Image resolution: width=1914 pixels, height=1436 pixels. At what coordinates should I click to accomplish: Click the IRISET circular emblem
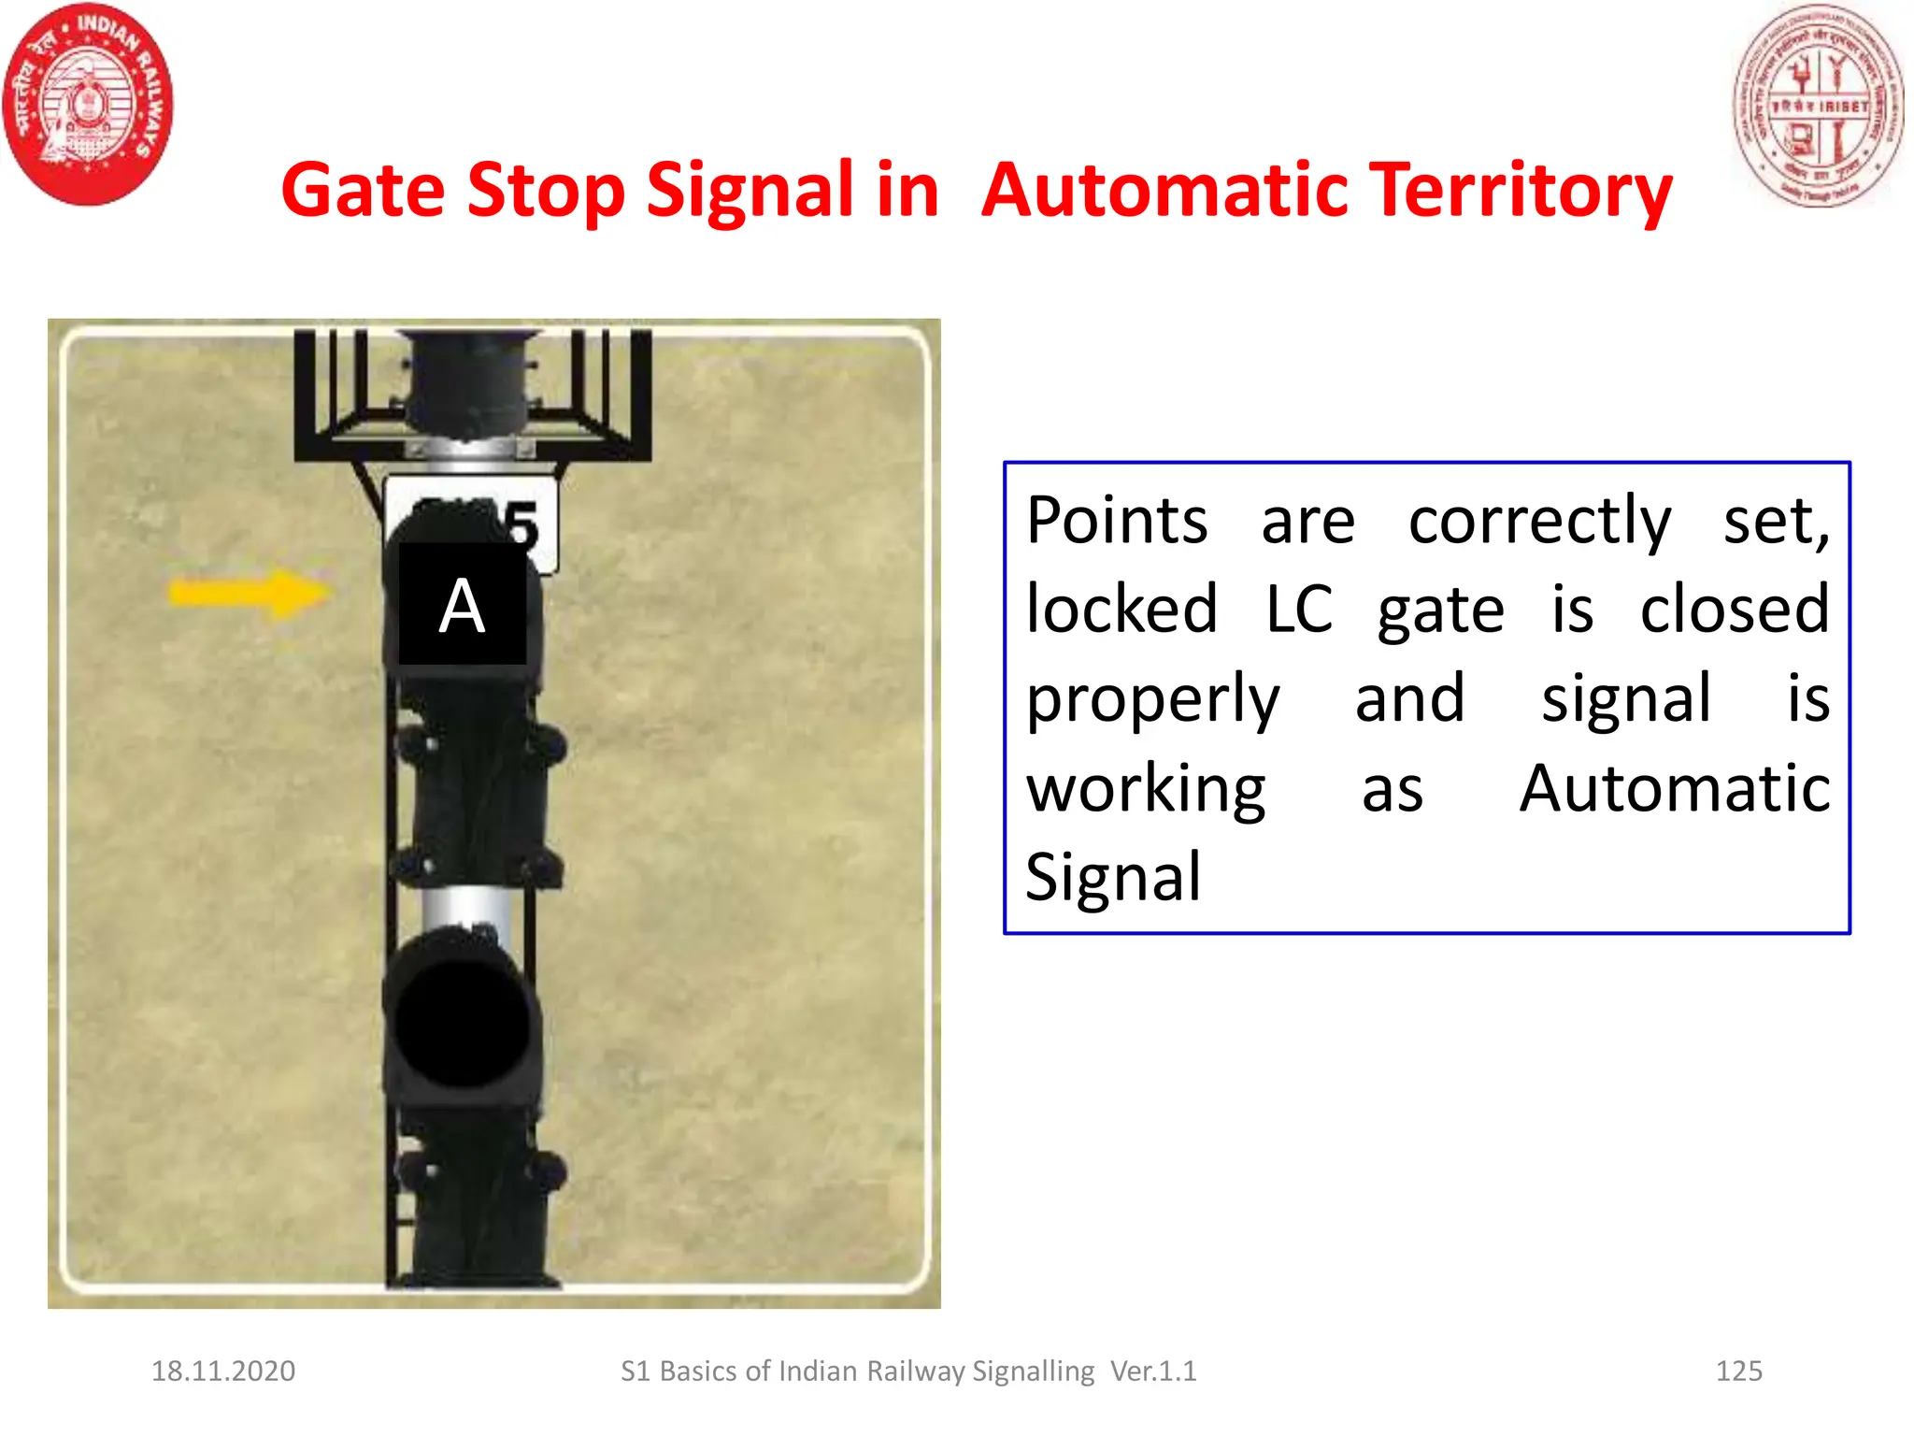click(1817, 105)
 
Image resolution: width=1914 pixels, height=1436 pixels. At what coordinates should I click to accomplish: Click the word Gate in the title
click(363, 191)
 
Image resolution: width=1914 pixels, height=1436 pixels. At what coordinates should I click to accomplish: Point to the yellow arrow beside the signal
click(248, 593)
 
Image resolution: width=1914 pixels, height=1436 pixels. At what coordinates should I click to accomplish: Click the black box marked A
click(463, 605)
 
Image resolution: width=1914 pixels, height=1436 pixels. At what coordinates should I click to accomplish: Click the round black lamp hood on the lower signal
click(461, 1022)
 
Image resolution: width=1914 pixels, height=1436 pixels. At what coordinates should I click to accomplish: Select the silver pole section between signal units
click(464, 907)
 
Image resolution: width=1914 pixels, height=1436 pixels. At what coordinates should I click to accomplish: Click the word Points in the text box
click(1117, 521)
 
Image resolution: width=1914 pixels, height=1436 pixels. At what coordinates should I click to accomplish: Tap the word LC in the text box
click(1298, 610)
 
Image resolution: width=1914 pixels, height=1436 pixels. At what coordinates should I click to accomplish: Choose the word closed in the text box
click(1735, 610)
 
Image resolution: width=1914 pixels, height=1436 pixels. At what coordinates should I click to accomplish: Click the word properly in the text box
click(1152, 699)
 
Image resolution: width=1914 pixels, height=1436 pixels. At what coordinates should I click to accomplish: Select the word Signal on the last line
click(1112, 878)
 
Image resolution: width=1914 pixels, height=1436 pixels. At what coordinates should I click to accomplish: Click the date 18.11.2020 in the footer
click(223, 1371)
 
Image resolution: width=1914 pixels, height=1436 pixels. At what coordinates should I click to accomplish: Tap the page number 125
click(1738, 1371)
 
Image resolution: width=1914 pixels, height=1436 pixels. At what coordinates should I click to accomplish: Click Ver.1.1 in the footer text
click(1153, 1371)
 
